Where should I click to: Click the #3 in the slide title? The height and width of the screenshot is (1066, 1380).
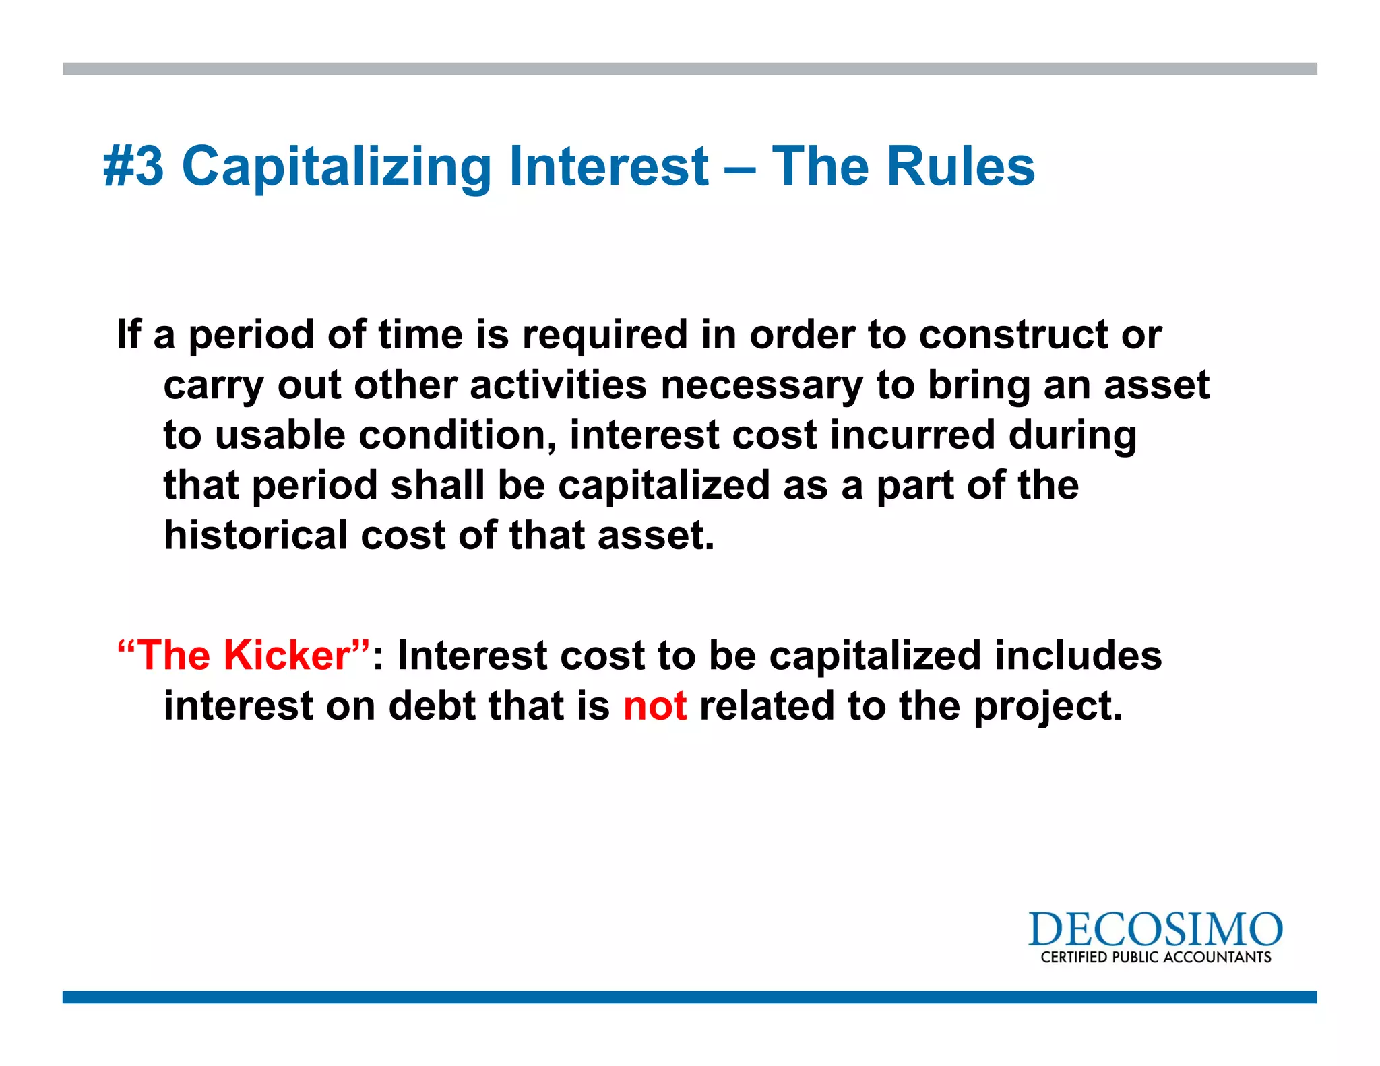coord(133,166)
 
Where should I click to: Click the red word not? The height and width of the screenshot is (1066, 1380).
coord(655,706)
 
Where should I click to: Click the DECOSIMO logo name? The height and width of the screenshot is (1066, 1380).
coord(1155,931)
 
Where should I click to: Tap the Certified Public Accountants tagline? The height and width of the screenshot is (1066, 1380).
coord(1156,958)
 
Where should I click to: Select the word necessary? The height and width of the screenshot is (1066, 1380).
coord(761,385)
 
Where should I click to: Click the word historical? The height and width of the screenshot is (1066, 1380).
coord(255,536)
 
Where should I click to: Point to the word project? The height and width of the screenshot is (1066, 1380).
coord(1048,706)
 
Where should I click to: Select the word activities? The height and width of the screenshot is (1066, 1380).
coord(558,385)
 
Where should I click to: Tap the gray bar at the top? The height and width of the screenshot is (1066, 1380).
coord(689,69)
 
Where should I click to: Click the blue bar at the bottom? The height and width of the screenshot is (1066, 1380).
coord(689,997)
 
